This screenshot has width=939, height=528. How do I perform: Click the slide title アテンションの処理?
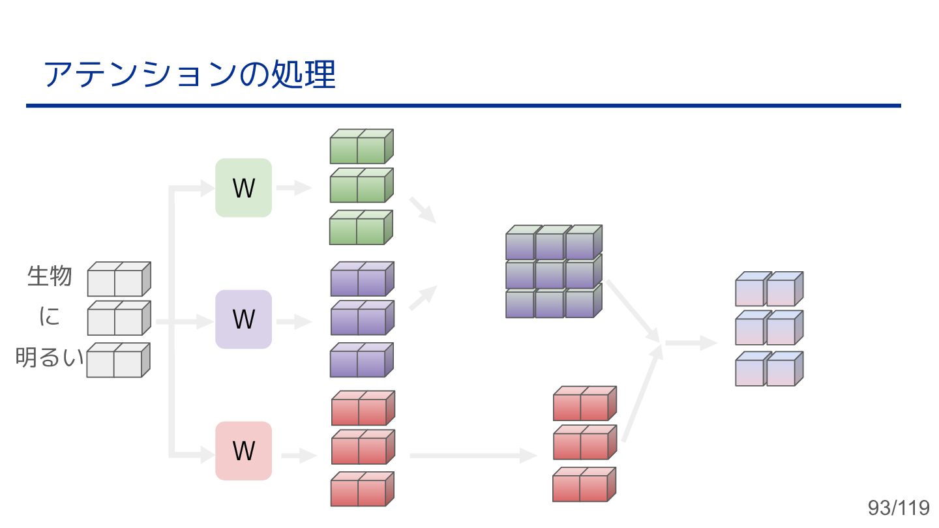click(189, 75)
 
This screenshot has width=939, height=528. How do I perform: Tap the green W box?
click(243, 188)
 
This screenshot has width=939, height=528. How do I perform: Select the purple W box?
click(243, 319)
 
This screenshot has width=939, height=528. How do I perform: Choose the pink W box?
click(243, 451)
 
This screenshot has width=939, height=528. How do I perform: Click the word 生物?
click(50, 276)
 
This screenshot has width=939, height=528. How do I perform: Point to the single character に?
click(50, 317)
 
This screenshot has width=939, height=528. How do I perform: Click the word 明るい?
click(50, 358)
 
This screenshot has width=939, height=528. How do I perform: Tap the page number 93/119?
click(898, 508)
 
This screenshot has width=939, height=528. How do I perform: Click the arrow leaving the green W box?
click(294, 188)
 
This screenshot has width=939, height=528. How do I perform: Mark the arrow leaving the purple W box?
click(294, 321)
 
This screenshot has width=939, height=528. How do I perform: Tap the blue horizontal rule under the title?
click(463, 105)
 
